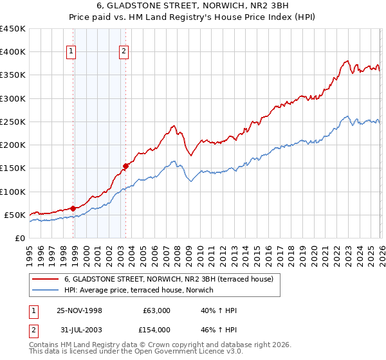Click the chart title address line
(193, 6)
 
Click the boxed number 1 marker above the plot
(73, 53)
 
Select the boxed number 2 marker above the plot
(124, 53)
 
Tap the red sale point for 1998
(73, 208)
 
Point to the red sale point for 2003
(126, 166)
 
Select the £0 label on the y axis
(19, 238)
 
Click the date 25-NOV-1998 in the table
(79, 310)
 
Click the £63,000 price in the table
(156, 310)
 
